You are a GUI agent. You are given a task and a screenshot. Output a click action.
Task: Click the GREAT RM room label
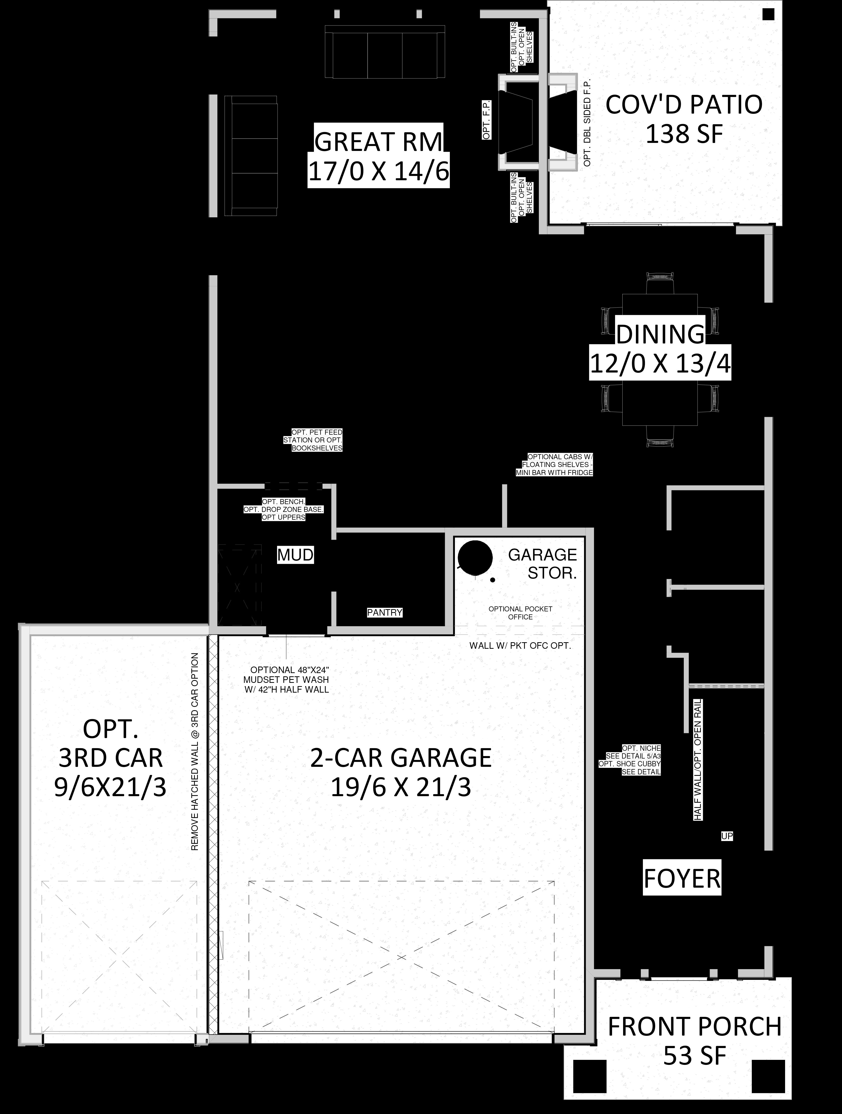pyautogui.click(x=378, y=142)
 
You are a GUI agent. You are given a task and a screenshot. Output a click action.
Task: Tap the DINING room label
pyautogui.click(x=661, y=334)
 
